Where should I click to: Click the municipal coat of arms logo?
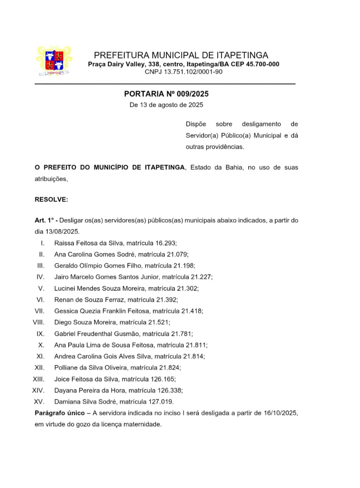point(54,61)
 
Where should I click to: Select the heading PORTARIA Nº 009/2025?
point(166,94)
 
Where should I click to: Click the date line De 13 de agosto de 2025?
point(166,104)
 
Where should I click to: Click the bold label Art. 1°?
point(45,220)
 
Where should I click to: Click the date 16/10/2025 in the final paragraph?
point(280,413)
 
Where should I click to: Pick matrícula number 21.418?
point(192,311)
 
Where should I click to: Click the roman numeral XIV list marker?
point(39,390)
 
